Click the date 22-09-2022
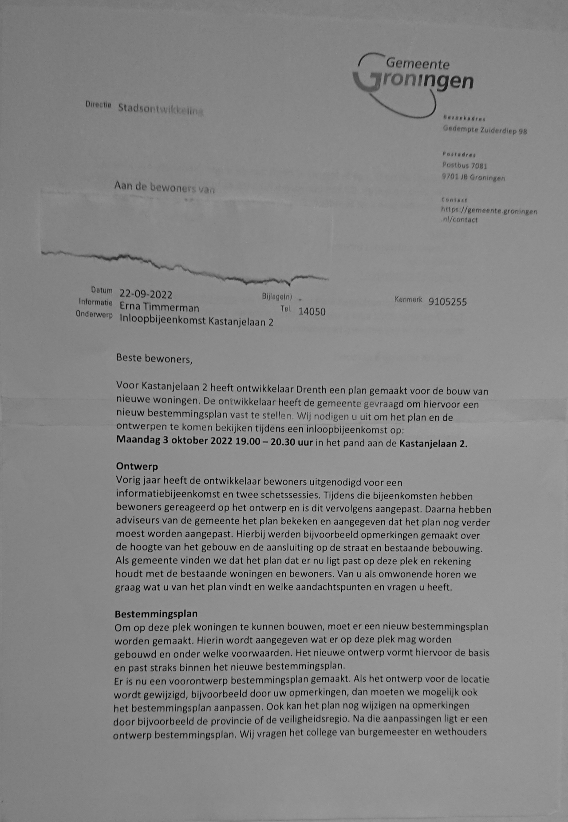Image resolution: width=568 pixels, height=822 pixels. [146, 294]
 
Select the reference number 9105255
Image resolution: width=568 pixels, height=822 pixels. [447, 302]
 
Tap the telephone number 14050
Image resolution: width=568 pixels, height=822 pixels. [312, 312]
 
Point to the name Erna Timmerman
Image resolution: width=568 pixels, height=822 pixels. [159, 308]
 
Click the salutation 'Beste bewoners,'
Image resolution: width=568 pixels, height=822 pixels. [154, 359]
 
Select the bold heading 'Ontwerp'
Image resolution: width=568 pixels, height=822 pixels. [137, 466]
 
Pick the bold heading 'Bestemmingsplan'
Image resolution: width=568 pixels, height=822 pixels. [156, 614]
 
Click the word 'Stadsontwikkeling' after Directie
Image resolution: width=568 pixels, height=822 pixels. [160, 109]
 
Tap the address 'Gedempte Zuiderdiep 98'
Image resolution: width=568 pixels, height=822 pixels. [485, 130]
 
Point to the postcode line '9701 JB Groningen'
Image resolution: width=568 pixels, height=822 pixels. [473, 178]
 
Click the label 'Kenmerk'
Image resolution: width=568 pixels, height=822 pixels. [408, 300]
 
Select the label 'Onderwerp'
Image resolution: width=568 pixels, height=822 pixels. [94, 315]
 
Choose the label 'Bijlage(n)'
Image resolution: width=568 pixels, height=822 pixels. [277, 296]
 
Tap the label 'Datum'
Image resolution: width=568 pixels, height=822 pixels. [102, 290]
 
